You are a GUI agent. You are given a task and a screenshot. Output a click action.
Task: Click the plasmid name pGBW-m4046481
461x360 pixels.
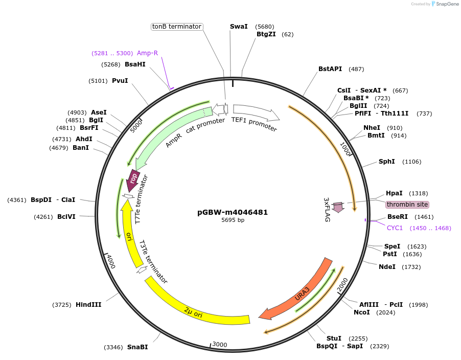point(233,212)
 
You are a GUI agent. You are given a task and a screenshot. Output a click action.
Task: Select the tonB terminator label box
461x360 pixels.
point(177,27)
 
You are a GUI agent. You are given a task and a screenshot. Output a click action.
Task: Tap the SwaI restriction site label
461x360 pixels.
point(239,26)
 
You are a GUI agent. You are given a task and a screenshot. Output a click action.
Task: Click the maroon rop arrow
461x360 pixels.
point(133,179)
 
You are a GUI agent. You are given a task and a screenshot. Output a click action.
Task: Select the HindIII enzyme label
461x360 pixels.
point(88,305)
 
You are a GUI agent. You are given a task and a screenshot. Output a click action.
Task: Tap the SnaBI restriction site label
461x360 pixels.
point(137,347)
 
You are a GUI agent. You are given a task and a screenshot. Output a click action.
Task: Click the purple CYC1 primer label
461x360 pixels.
point(394,228)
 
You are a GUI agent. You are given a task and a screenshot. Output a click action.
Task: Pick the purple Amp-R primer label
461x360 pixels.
point(147,53)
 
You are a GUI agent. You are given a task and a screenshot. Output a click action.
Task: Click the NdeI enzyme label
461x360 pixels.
point(387,267)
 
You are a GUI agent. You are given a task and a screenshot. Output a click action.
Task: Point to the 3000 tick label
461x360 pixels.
point(219,344)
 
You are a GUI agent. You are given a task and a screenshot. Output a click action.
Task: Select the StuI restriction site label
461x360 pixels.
point(334,339)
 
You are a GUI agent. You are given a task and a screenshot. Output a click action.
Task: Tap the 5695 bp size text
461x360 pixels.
point(233,220)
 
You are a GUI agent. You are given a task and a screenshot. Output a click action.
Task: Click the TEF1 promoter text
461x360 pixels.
point(254,124)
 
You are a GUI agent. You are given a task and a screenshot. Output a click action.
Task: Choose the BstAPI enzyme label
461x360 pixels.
point(330,69)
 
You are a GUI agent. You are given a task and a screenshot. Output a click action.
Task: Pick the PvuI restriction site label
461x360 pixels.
point(120,81)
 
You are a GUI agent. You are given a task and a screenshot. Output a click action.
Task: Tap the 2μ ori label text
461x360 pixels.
point(194,312)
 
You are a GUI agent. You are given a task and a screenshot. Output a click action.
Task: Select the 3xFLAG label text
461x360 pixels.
point(327,210)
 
